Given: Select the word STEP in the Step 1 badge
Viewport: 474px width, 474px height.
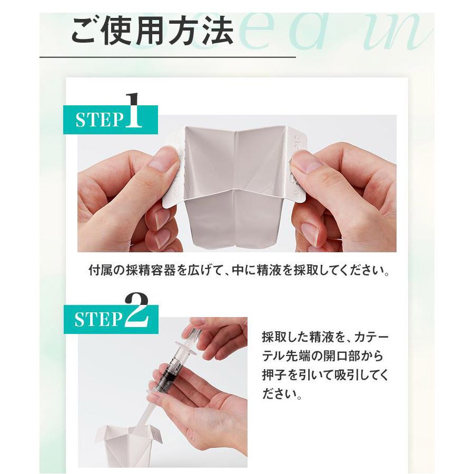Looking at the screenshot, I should [x=99, y=120].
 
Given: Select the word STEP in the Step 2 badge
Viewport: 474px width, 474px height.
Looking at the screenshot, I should [x=98, y=320].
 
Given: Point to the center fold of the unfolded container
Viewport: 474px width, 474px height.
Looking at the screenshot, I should [x=235, y=179].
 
